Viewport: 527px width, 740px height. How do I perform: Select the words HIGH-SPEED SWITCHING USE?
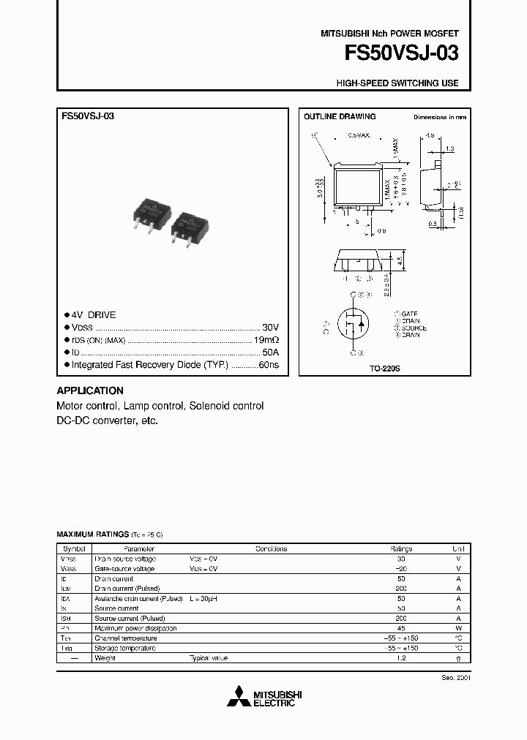pos(397,83)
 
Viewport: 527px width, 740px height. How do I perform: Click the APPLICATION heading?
pos(90,390)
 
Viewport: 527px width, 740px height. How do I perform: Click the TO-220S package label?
pos(385,369)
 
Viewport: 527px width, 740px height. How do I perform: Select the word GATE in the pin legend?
pos(410,313)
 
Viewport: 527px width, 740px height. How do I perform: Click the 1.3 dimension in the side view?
pos(449,148)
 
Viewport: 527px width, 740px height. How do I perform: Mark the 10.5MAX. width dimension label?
pos(359,136)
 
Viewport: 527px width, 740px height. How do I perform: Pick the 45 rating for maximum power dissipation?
pos(401,628)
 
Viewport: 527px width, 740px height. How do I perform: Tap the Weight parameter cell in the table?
pos(105,658)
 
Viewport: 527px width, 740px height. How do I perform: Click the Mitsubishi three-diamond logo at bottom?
pos(239,697)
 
